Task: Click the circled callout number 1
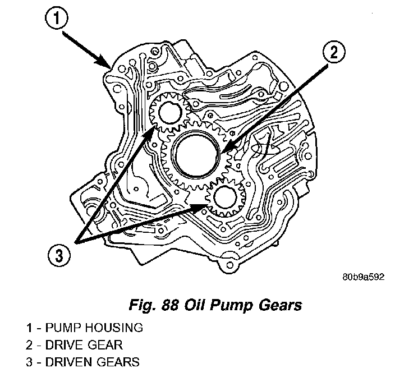pos(57,19)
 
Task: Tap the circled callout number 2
pos(333,52)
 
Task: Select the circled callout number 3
pos(59,256)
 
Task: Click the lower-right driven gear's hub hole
pos(226,197)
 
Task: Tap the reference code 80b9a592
pos(363,277)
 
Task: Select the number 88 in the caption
pos(170,305)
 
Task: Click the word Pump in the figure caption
pos(230,306)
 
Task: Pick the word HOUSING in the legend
pos(113,328)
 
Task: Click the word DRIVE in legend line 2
pos(65,345)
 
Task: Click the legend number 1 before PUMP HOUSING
pos(29,328)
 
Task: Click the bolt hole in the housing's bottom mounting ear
pos(229,265)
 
